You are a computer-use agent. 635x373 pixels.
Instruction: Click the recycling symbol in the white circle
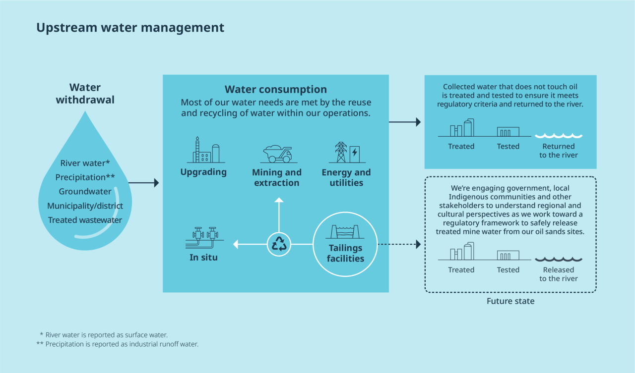(279, 244)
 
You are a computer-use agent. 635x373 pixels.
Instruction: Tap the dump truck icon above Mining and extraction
(278, 154)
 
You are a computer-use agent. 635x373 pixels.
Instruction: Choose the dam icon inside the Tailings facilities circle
(345, 232)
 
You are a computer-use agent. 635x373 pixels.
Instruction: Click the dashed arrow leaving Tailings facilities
(399, 244)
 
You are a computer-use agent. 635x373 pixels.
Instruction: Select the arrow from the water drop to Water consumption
(144, 183)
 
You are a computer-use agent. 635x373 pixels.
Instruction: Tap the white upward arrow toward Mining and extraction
(279, 215)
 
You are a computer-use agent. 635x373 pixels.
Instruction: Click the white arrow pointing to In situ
(250, 244)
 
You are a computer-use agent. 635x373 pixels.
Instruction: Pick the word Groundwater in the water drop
(85, 192)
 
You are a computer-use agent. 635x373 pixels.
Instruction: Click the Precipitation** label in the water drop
(85, 177)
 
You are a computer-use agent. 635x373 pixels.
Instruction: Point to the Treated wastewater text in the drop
(85, 220)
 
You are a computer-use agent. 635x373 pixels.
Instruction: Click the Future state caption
(510, 301)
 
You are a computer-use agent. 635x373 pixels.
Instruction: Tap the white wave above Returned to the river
(559, 136)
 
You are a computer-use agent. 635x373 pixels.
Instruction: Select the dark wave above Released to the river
(559, 259)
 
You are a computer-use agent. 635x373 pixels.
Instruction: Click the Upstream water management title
(130, 28)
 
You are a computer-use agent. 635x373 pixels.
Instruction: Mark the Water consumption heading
(276, 89)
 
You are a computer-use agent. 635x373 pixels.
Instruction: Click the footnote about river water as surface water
(104, 335)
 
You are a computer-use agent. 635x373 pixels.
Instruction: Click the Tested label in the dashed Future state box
(508, 269)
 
